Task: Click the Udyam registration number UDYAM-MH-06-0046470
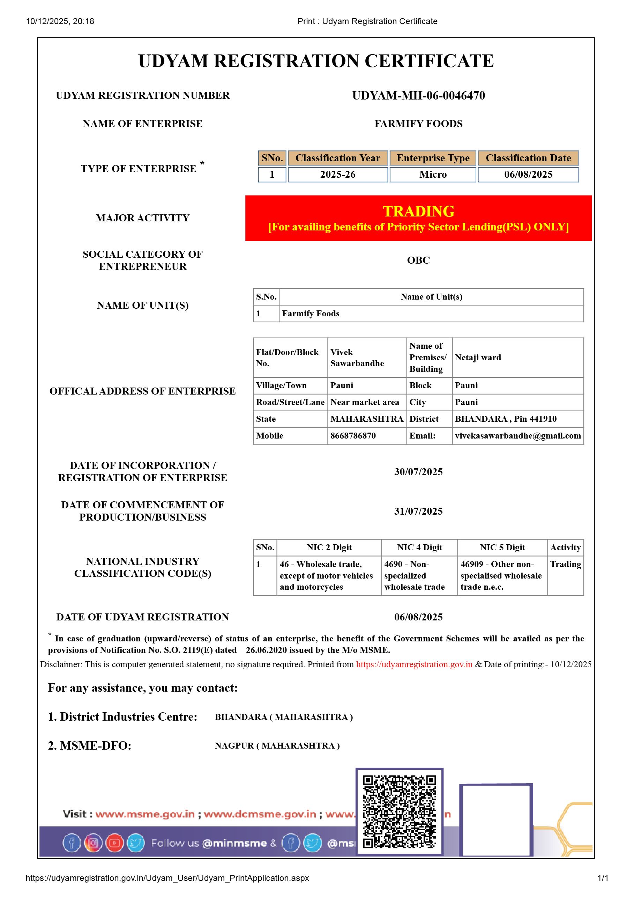(x=418, y=95)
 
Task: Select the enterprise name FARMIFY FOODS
(x=418, y=124)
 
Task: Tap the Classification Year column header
(x=338, y=158)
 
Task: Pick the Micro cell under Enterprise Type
(x=433, y=175)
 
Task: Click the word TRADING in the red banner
(x=418, y=211)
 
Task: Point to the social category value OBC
(x=418, y=260)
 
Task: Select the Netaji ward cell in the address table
(x=478, y=358)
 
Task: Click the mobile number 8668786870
(x=353, y=436)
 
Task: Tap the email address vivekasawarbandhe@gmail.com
(x=517, y=436)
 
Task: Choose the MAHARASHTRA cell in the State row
(x=367, y=419)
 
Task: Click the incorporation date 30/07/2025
(x=418, y=472)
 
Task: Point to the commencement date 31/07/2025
(x=418, y=511)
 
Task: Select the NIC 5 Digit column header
(x=502, y=547)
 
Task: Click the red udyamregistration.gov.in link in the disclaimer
(x=414, y=664)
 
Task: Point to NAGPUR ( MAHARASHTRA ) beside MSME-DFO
(x=277, y=746)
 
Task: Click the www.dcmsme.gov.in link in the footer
(x=260, y=814)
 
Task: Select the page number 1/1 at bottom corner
(x=603, y=878)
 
